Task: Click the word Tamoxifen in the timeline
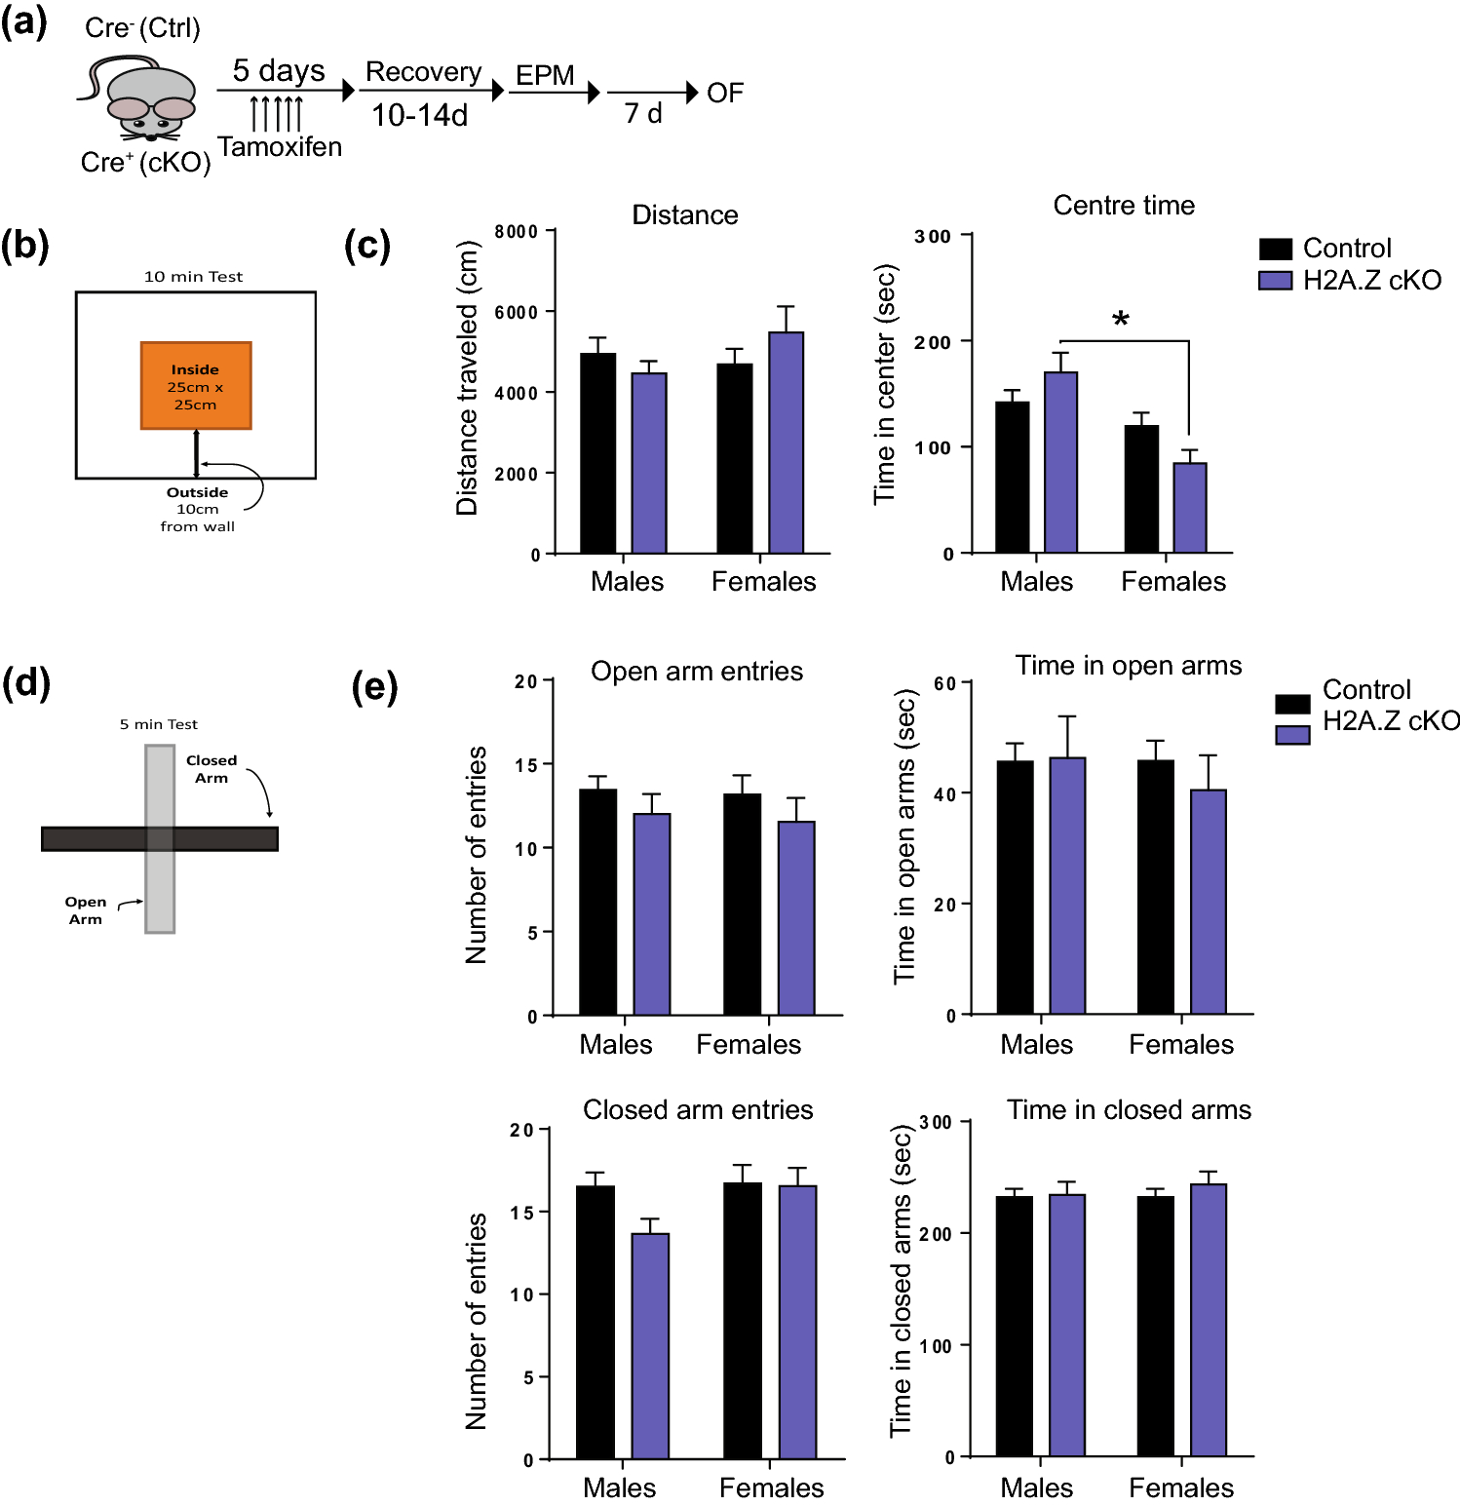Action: coord(280,147)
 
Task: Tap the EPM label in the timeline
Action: coord(545,75)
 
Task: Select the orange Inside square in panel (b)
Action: coord(196,385)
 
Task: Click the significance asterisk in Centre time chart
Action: coord(1121,320)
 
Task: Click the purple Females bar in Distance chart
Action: coord(786,443)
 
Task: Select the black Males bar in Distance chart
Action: coord(597,453)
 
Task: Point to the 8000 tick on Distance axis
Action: coord(517,231)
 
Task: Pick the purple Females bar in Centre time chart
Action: coord(1189,508)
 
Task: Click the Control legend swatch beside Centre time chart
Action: coord(1275,249)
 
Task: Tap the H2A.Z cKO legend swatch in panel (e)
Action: coord(1292,734)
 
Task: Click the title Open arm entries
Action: coord(697,672)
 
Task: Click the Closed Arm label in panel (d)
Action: coord(211,769)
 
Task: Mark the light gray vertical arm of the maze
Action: coord(160,887)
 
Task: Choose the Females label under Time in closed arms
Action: coord(1180,1487)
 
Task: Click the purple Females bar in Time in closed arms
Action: coord(1208,1320)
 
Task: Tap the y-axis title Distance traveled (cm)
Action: coord(468,378)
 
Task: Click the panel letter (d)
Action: coord(26,683)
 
